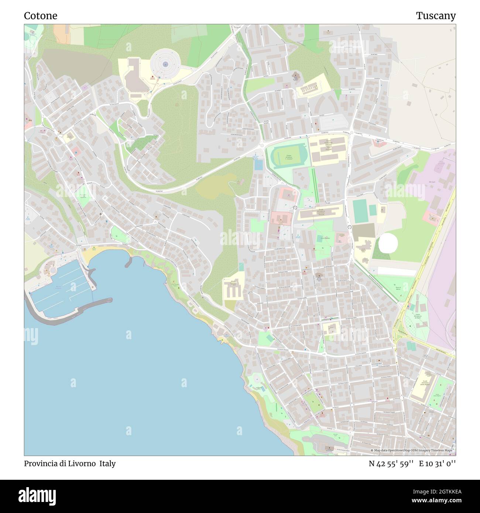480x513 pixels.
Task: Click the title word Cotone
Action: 41,16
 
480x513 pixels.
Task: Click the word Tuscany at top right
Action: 436,16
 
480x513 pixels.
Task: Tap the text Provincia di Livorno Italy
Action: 70,464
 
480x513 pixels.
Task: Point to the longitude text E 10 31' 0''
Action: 437,464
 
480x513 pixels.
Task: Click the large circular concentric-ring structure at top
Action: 165,64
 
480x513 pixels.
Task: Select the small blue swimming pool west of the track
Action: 259,165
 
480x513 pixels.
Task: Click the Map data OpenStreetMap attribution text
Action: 413,451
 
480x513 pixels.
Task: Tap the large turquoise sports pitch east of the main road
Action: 360,211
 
